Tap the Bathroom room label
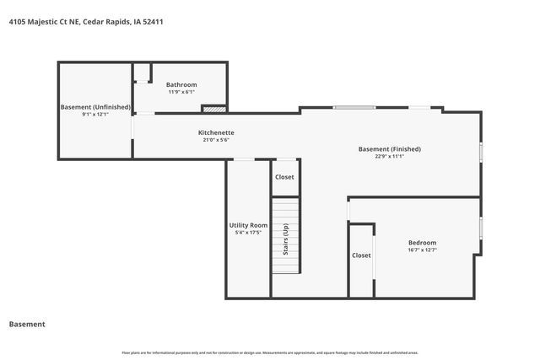tap(181, 84)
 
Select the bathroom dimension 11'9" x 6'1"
tap(181, 92)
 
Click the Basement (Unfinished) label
tap(95, 107)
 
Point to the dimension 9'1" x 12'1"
tap(95, 115)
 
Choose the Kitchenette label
tap(216, 132)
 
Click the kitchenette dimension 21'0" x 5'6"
tap(216, 140)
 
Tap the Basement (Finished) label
tap(389, 148)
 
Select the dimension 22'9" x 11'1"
tap(389, 156)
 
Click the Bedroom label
tap(422, 242)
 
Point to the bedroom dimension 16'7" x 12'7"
tap(422, 250)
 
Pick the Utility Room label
tap(248, 225)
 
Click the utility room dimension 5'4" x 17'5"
tap(248, 233)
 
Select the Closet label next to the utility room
tap(284, 177)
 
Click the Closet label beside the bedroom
tap(361, 255)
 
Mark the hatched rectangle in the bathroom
tap(214, 109)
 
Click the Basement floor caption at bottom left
tap(27, 324)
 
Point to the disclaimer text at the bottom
tap(270, 352)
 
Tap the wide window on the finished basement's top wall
tap(354, 107)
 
